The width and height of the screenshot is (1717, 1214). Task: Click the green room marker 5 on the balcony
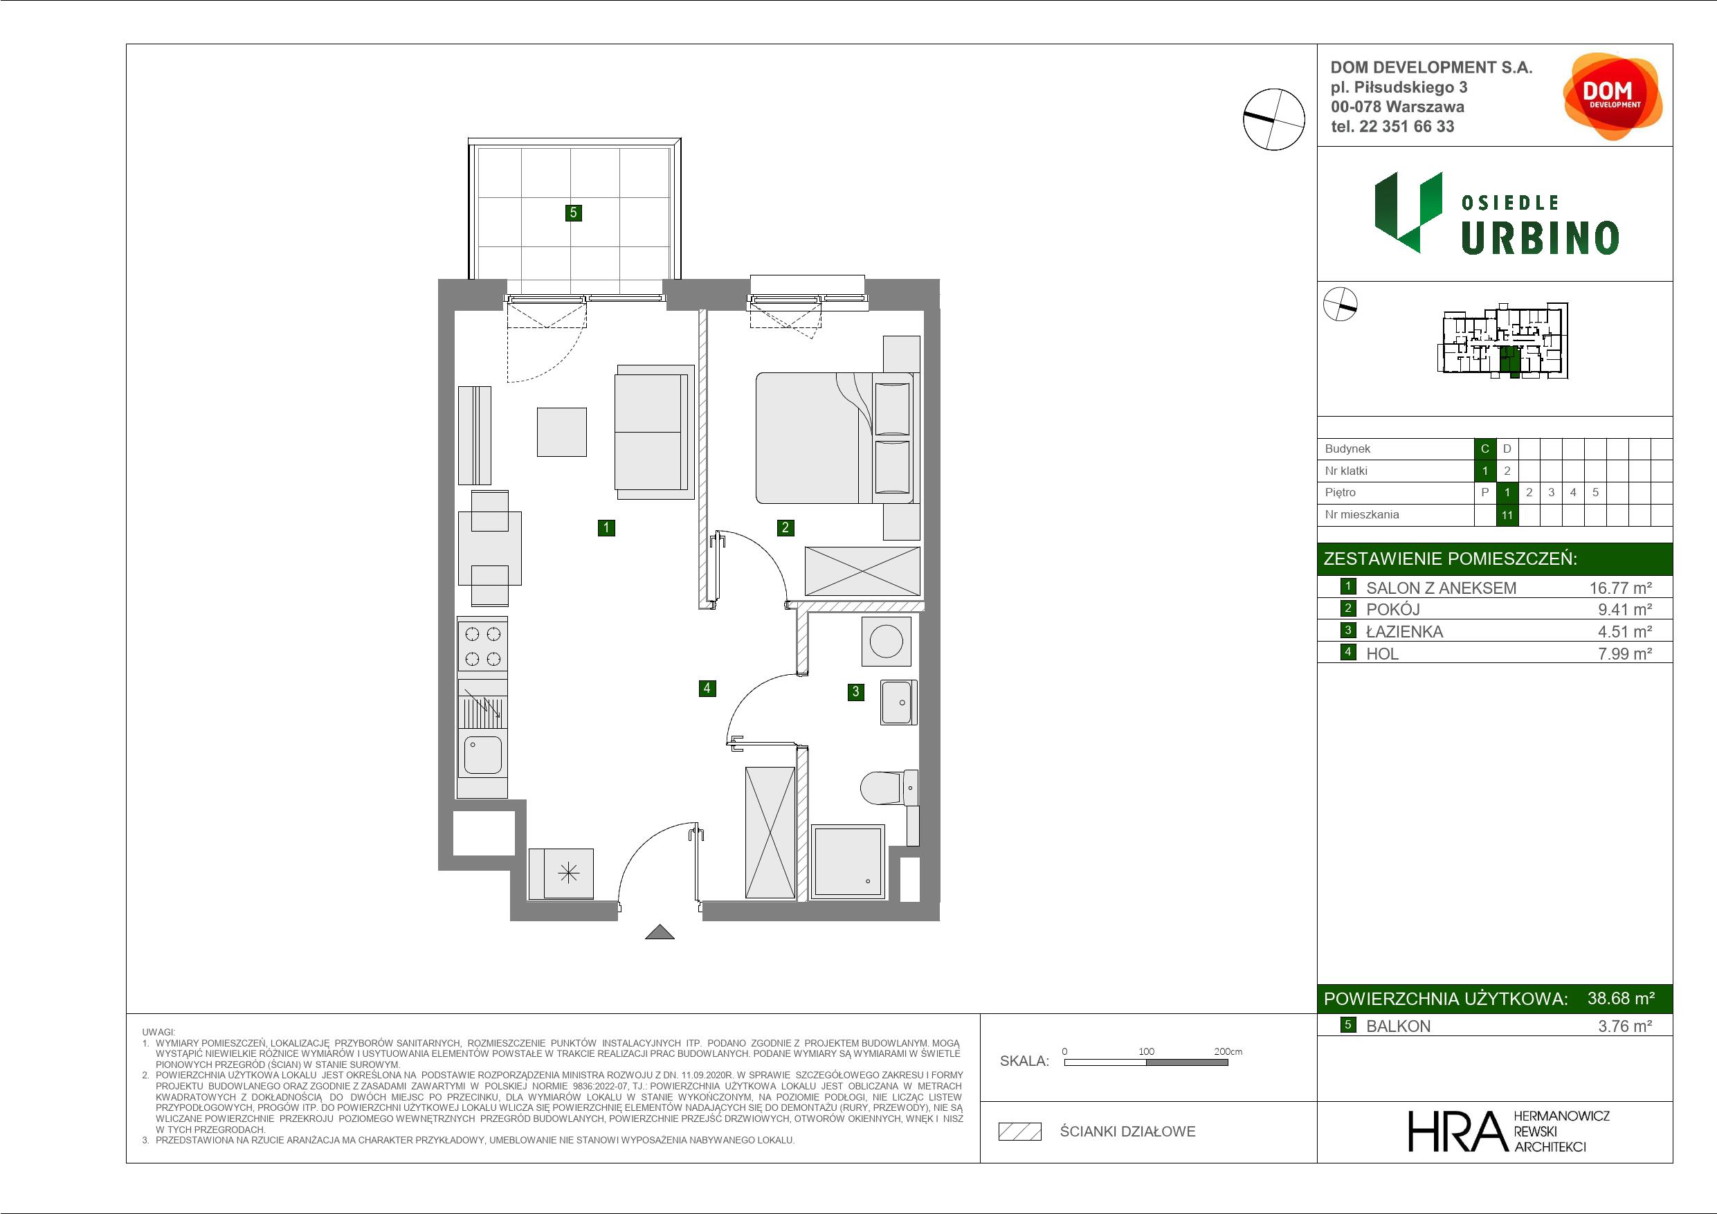click(573, 212)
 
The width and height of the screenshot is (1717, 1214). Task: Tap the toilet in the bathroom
click(889, 788)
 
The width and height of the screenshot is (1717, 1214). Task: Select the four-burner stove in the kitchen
click(482, 646)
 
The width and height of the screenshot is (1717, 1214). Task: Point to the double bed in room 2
click(834, 437)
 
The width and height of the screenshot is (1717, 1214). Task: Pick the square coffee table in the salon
click(562, 432)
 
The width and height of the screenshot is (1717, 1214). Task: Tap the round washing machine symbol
click(886, 641)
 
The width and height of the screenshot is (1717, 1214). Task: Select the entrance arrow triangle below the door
click(660, 932)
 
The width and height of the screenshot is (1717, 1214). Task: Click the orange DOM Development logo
click(1612, 96)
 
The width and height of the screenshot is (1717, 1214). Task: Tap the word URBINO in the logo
click(1540, 238)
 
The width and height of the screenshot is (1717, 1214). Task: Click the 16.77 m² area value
click(1621, 588)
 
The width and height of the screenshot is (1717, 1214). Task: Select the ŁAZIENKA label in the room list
click(1404, 631)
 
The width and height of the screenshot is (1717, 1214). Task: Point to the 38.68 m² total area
click(1621, 998)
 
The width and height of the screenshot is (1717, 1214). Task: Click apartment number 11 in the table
click(1507, 515)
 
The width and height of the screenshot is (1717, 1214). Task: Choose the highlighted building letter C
click(1485, 449)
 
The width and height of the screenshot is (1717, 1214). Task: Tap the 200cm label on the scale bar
click(1228, 1051)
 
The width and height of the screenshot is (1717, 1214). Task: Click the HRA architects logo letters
click(1455, 1130)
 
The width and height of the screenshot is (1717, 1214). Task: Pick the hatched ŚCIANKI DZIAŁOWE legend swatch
click(1020, 1131)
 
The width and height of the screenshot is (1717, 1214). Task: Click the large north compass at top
click(1273, 119)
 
